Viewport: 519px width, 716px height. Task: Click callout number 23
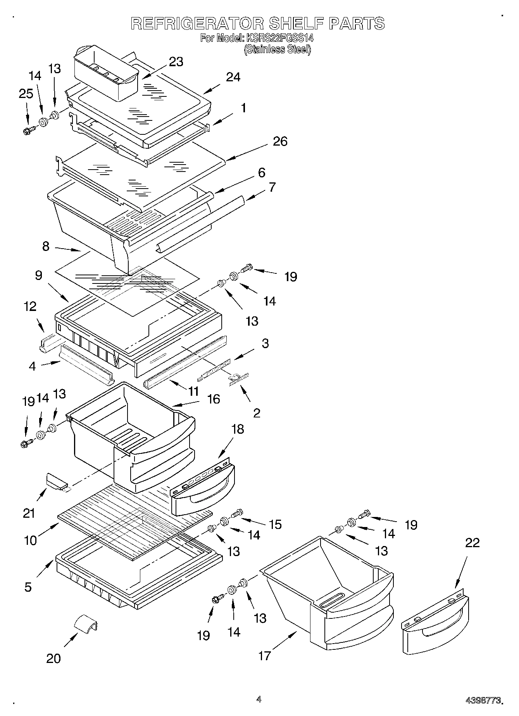click(x=176, y=62)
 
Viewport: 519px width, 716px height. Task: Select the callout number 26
click(x=280, y=141)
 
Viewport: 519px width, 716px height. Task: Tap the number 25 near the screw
click(x=26, y=94)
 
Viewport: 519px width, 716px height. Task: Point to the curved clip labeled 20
click(x=86, y=623)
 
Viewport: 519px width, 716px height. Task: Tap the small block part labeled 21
click(x=57, y=481)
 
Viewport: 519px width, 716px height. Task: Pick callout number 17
click(x=264, y=656)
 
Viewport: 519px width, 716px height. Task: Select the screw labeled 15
click(x=237, y=513)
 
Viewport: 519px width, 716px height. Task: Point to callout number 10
click(x=31, y=540)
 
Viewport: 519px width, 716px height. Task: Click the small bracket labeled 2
click(x=238, y=378)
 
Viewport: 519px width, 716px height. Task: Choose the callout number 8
click(x=46, y=246)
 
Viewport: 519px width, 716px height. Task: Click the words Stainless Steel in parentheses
click(x=277, y=50)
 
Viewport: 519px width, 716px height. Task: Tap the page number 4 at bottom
click(x=259, y=699)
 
